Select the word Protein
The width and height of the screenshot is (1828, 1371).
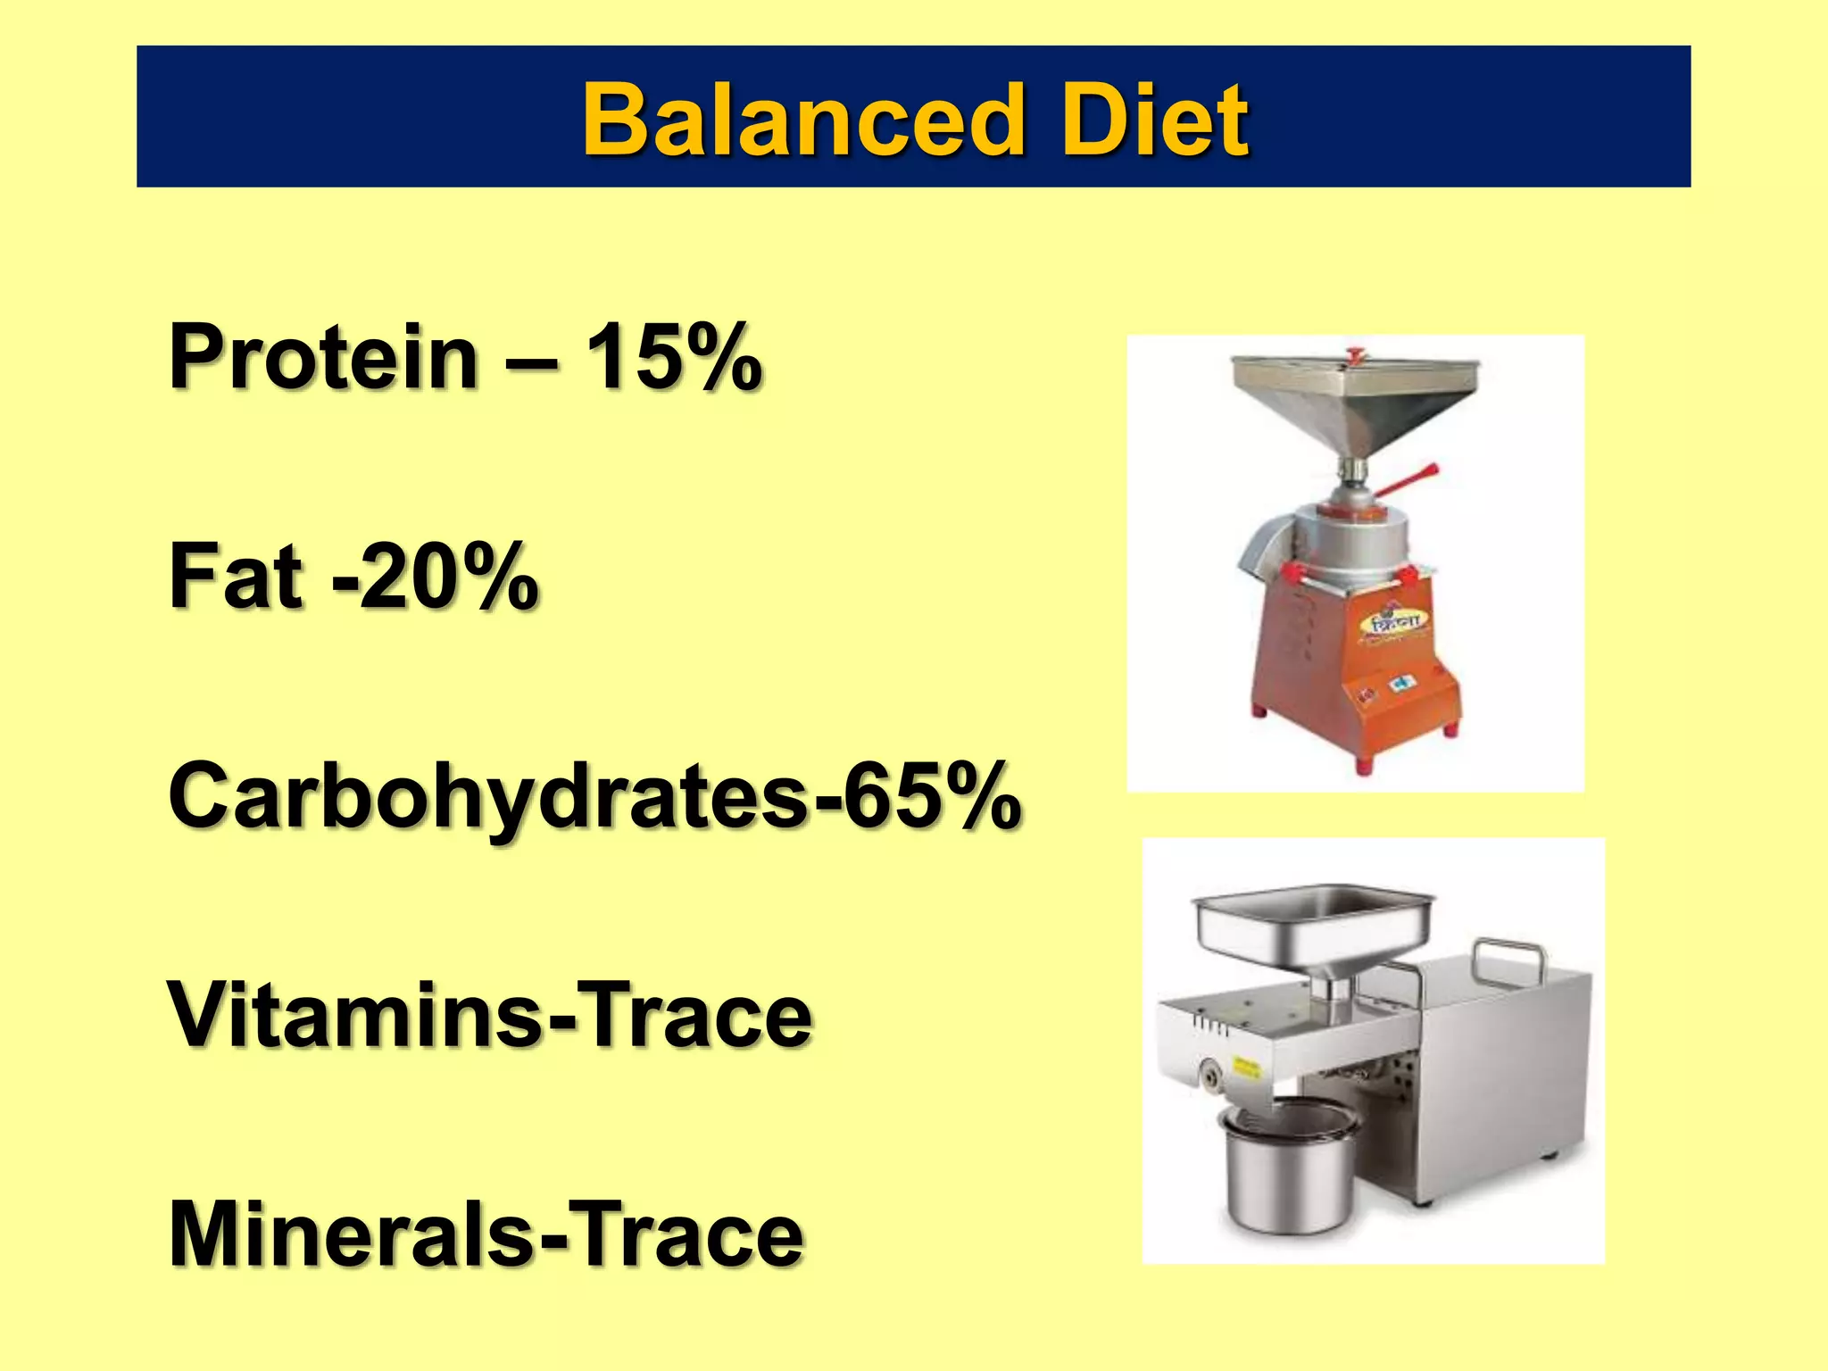coord(323,357)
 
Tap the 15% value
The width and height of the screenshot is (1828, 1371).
coord(673,357)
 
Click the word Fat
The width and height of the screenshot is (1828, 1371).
coord(237,577)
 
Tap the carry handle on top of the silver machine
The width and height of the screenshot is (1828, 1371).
coord(1508,955)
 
